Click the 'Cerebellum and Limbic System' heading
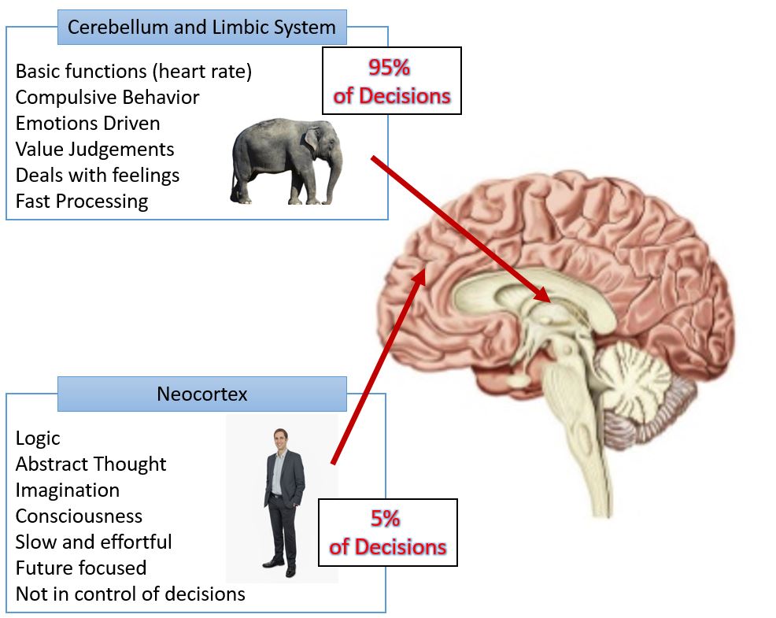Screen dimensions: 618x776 click(201, 28)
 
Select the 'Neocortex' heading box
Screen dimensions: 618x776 click(201, 394)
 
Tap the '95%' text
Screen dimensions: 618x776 click(391, 68)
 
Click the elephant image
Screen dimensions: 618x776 click(286, 161)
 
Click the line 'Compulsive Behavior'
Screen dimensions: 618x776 click(107, 97)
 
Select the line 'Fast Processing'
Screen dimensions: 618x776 click(82, 201)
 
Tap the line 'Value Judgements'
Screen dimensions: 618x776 click(94, 149)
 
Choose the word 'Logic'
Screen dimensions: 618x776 click(38, 438)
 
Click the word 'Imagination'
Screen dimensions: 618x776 click(68, 490)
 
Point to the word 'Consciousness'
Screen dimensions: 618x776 click(79, 516)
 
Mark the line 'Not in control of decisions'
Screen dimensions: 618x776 click(130, 594)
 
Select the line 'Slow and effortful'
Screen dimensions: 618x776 click(94, 542)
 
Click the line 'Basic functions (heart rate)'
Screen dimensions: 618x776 click(134, 71)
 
